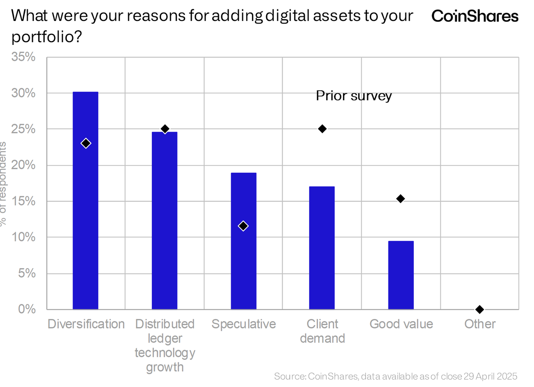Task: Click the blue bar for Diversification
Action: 85,200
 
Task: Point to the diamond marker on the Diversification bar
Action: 86,143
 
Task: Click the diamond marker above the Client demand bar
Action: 322,129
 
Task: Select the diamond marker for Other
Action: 479,309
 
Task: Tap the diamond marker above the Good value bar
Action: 400,199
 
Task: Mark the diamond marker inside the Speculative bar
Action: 243,226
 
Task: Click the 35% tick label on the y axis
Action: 24,57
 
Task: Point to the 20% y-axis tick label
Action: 24,165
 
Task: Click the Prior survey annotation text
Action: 354,96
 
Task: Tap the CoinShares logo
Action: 475,16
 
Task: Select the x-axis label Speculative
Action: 243,324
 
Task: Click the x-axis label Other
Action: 480,324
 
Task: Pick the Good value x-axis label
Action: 401,324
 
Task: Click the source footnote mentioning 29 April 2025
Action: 396,376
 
